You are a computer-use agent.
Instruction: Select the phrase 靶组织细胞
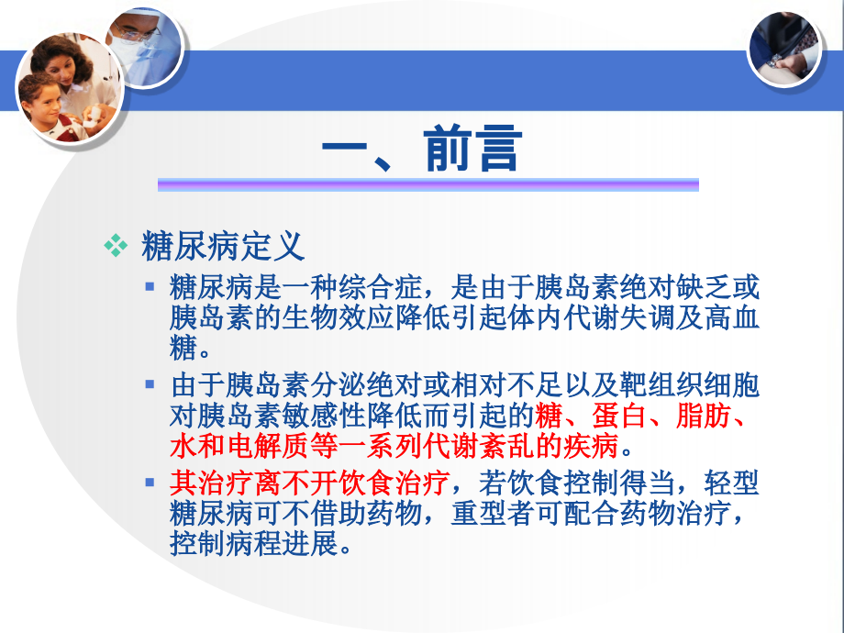point(684,386)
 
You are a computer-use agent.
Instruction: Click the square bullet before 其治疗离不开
point(150,480)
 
